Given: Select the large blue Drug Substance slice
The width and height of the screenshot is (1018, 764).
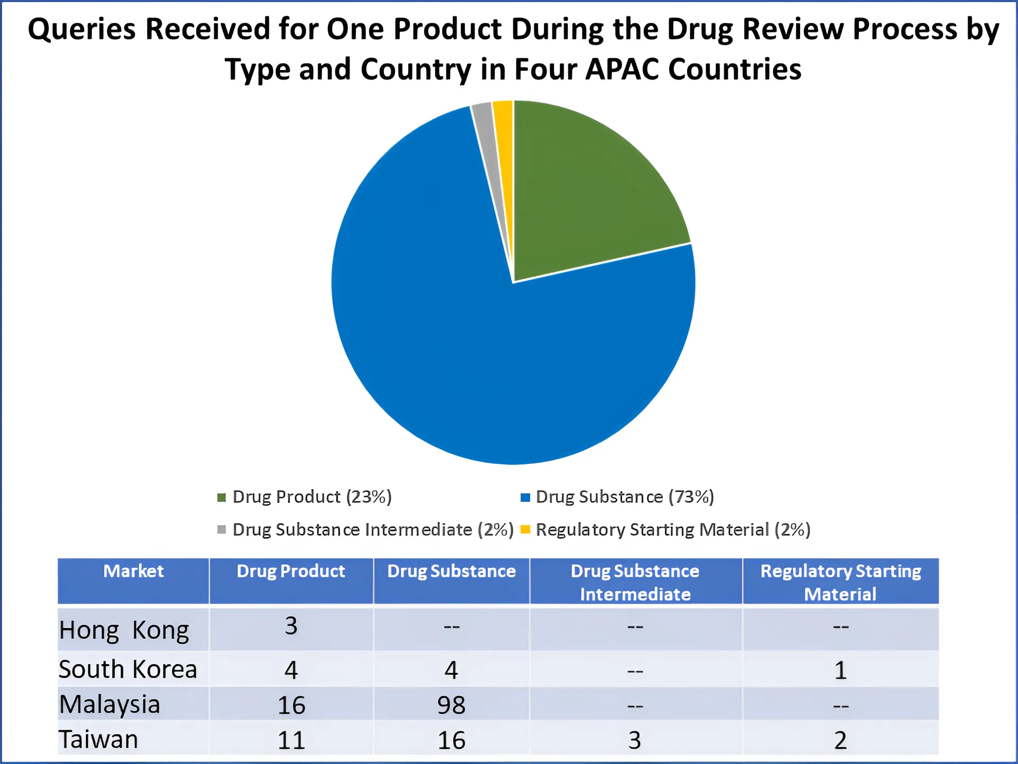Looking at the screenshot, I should click(477, 345).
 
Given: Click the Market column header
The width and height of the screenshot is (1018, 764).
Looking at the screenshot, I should click(133, 571).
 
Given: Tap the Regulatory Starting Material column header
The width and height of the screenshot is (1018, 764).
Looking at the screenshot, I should click(840, 582).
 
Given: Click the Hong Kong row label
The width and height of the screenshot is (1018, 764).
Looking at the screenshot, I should click(124, 630).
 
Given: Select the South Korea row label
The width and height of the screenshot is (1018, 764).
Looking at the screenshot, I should click(128, 669).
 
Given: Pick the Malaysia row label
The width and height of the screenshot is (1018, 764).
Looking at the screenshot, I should click(110, 705).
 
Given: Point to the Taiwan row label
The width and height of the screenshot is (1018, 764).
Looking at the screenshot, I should click(99, 740).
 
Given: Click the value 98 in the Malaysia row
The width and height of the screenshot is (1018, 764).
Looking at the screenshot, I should click(451, 705).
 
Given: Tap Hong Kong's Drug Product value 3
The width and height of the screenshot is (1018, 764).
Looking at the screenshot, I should click(291, 626).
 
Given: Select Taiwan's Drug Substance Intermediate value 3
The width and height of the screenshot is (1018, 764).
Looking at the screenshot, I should click(635, 740).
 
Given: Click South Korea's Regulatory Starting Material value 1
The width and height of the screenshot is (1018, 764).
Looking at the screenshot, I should click(840, 670).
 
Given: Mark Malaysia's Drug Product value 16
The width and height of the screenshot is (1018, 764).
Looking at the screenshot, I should click(291, 705).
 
